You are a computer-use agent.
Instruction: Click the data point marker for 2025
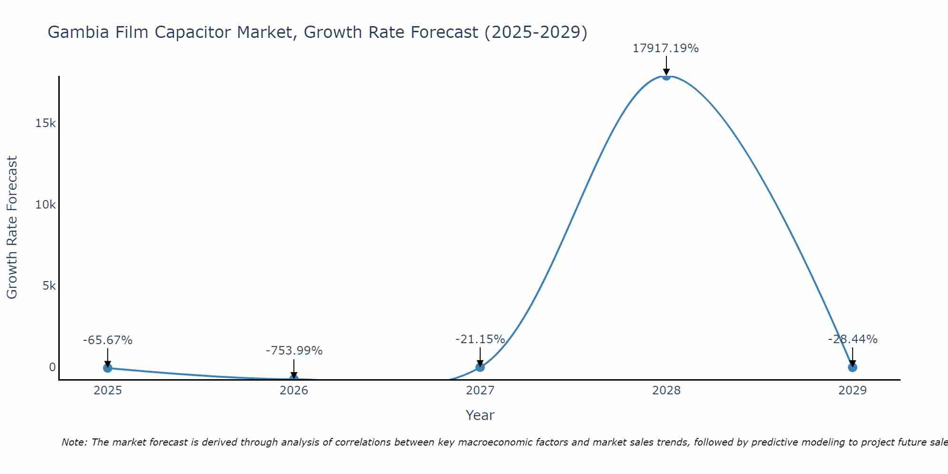[x=108, y=367]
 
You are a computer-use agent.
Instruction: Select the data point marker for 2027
[x=480, y=367]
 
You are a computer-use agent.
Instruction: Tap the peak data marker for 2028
[x=666, y=76]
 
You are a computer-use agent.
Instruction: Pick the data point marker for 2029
[x=852, y=367]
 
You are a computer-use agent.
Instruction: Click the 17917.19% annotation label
[x=665, y=48]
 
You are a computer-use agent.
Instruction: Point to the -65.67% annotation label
[x=108, y=340]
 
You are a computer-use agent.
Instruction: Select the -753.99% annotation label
[x=294, y=351]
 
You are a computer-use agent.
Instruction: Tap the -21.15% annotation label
[x=480, y=339]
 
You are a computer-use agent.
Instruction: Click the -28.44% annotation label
[x=852, y=339]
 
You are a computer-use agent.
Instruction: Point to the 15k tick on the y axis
[x=46, y=123]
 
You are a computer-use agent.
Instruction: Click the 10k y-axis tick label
[x=46, y=205]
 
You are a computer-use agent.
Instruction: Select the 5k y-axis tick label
[x=49, y=286]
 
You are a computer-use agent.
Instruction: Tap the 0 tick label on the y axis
[x=52, y=367]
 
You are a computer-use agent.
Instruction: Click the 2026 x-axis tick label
[x=294, y=391]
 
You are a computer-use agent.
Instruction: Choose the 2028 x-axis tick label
[x=666, y=391]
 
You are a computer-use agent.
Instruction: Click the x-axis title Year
[x=480, y=415]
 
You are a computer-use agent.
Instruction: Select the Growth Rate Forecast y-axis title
[x=12, y=228]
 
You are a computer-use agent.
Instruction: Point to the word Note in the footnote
[x=74, y=442]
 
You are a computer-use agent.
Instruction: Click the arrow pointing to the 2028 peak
[x=666, y=65]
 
